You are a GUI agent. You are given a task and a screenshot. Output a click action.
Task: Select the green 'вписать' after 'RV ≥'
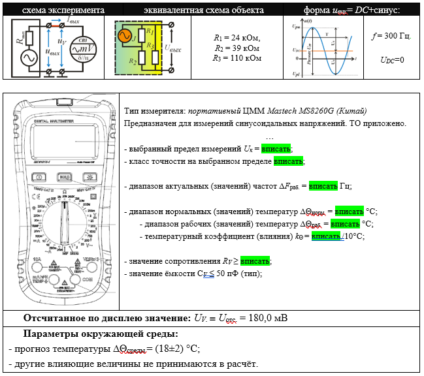[x=255, y=261]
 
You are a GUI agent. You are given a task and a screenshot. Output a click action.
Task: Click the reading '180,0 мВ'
[x=267, y=318]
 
